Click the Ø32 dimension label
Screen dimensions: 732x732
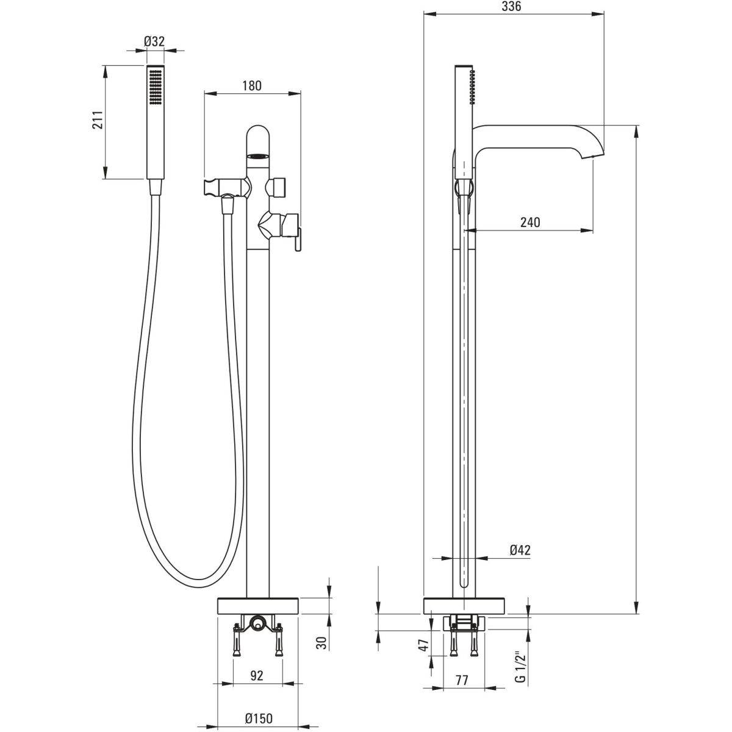pyautogui.click(x=155, y=41)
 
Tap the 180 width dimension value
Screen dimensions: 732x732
pyautogui.click(x=251, y=85)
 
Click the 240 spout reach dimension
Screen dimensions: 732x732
pyautogui.click(x=529, y=222)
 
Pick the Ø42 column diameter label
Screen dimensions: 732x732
pyautogui.click(x=520, y=550)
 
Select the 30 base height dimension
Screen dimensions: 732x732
pyautogui.click(x=323, y=642)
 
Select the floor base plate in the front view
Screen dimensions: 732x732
pyautogui.click(x=258, y=606)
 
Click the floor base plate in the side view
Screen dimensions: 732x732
pyautogui.click(x=464, y=606)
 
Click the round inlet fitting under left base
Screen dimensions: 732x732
pyautogui.click(x=257, y=624)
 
